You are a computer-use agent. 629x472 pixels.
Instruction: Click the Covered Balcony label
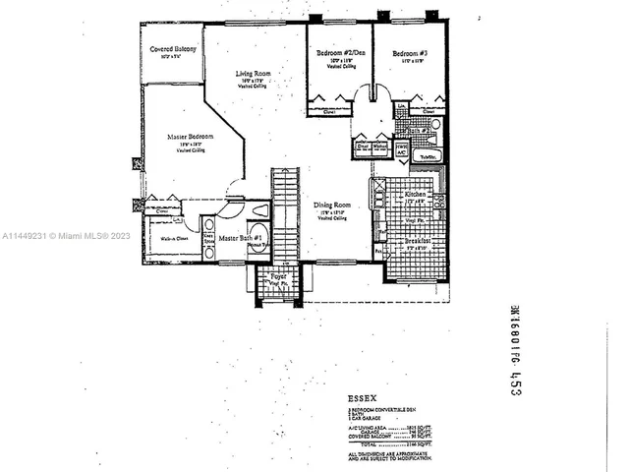(x=173, y=49)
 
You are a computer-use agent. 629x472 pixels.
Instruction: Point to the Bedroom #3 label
(x=408, y=54)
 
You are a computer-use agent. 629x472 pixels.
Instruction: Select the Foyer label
(x=278, y=278)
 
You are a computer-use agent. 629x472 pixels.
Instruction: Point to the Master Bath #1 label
(x=239, y=239)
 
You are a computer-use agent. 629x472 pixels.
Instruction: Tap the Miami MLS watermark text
(x=60, y=236)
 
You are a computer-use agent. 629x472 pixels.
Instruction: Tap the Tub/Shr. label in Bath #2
(x=429, y=156)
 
